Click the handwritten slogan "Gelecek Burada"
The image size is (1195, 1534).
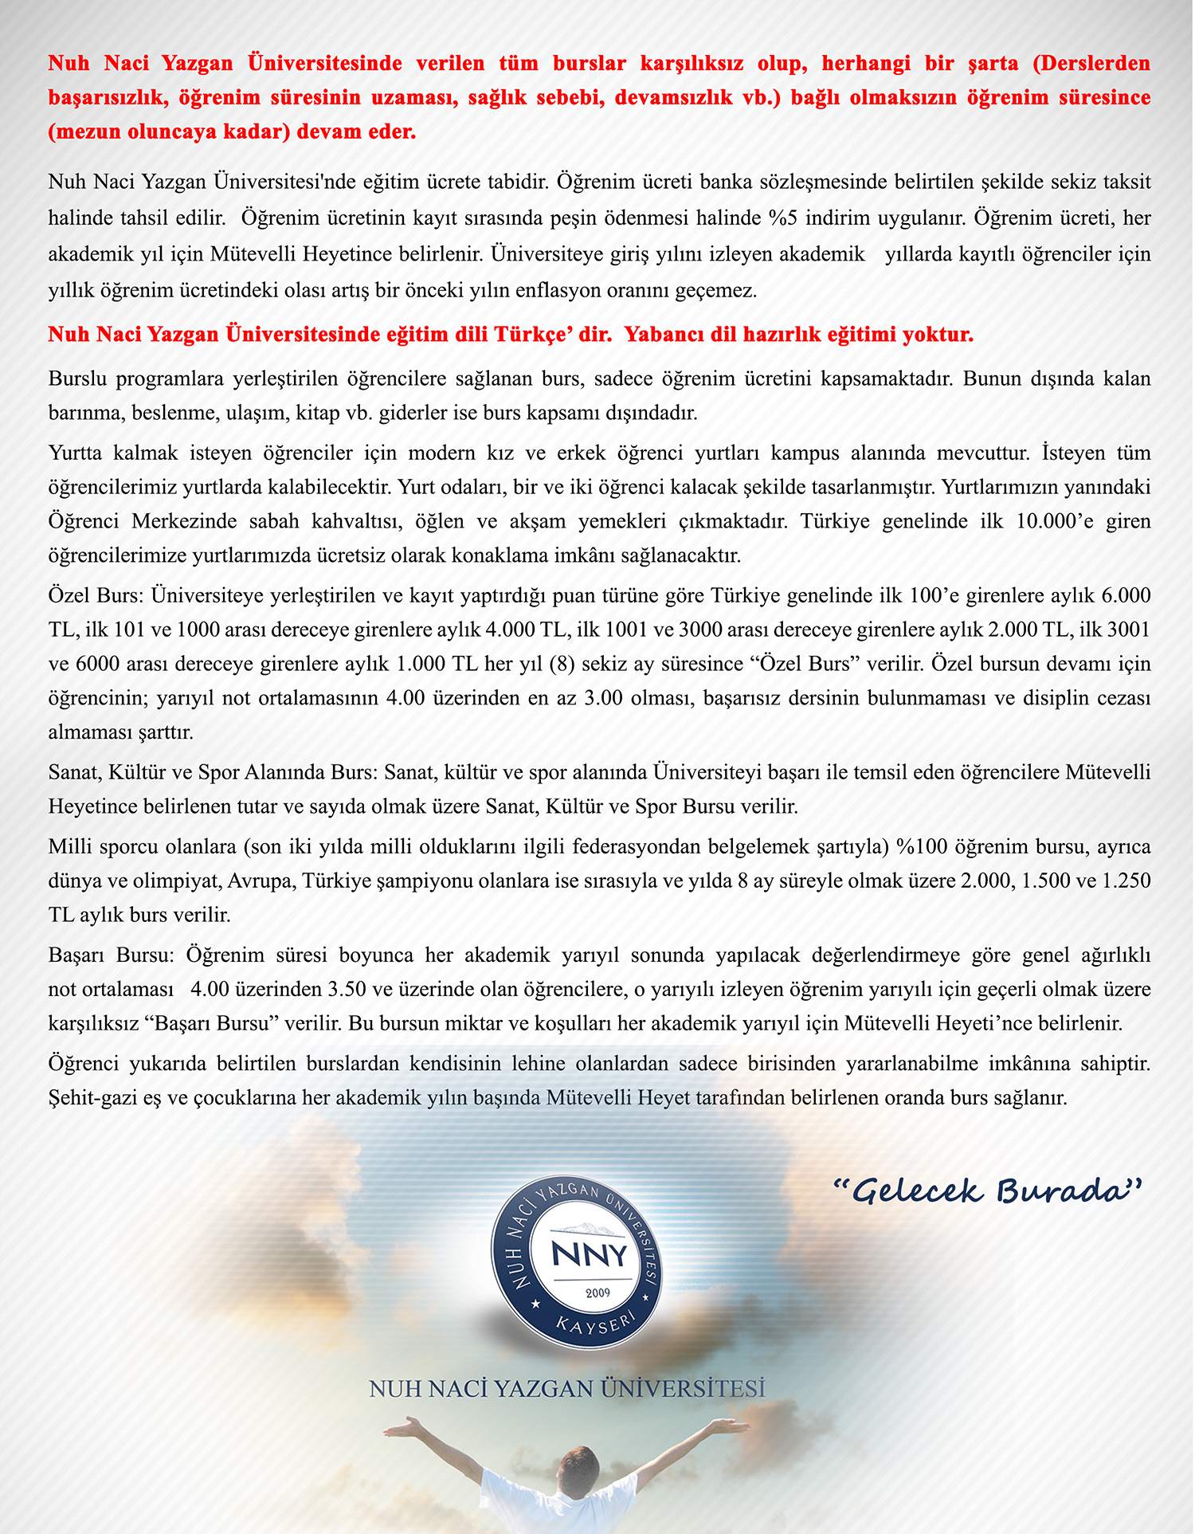tap(988, 1191)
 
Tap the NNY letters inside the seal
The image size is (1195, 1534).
tap(590, 1254)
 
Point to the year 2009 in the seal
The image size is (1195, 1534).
tap(597, 1293)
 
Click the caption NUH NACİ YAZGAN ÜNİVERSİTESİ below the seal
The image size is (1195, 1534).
tap(567, 1389)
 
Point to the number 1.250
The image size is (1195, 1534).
tap(1126, 881)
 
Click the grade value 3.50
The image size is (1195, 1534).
tap(347, 989)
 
